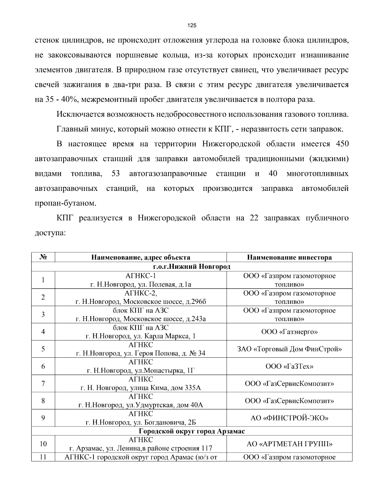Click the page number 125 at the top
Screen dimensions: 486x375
pyautogui.click(x=192, y=26)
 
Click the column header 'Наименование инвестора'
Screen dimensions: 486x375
pyautogui.click(x=289, y=258)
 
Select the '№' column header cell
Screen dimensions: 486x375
pyautogui.click(x=43, y=257)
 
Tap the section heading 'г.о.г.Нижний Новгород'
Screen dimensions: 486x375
pyautogui.click(x=192, y=267)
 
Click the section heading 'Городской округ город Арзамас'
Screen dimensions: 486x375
pyautogui.click(x=192, y=431)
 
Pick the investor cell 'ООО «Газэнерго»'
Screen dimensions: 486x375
pyautogui.click(x=289, y=332)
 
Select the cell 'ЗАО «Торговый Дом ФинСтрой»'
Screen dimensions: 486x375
pyautogui.click(x=289, y=349)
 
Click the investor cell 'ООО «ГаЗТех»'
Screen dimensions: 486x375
pyautogui.click(x=289, y=366)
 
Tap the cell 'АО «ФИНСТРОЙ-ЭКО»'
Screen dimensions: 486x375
pyautogui.click(x=289, y=418)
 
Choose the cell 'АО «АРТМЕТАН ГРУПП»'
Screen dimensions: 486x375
pyautogui.click(x=289, y=444)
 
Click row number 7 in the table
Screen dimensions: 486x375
pyautogui.click(x=43, y=383)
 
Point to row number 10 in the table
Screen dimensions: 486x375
pyautogui.click(x=43, y=444)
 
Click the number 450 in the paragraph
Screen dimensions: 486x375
pyautogui.click(x=342, y=144)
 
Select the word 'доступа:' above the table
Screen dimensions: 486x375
pyautogui.click(x=50, y=233)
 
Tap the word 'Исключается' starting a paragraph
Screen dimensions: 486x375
pyautogui.click(x=80, y=114)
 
